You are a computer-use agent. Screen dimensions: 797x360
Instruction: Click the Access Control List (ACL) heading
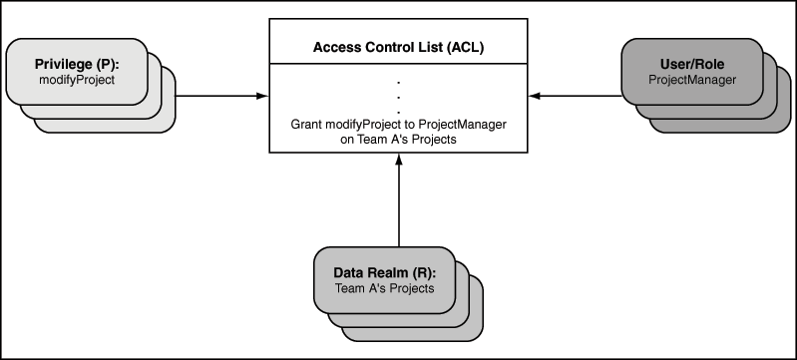(398, 48)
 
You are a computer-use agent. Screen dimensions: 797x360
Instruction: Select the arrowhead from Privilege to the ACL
(262, 96)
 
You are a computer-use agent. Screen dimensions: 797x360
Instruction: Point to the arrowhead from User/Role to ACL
(535, 96)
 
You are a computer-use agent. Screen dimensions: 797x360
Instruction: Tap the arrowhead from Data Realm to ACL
(399, 160)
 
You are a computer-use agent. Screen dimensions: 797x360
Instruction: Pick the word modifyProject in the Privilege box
(77, 80)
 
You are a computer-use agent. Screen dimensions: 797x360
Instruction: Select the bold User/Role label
(692, 64)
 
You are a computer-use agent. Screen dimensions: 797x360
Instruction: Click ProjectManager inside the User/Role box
(692, 80)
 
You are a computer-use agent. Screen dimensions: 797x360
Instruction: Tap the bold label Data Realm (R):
(385, 272)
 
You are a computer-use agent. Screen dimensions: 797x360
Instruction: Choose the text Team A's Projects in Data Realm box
(385, 288)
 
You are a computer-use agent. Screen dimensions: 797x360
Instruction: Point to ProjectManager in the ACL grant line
(463, 124)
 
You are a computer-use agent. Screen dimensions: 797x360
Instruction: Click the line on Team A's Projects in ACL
(399, 140)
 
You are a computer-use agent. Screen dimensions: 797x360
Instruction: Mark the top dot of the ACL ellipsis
(399, 82)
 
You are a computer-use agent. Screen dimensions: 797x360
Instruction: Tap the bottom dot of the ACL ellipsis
(399, 112)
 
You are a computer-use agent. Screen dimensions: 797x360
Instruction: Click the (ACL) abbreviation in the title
(465, 48)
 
